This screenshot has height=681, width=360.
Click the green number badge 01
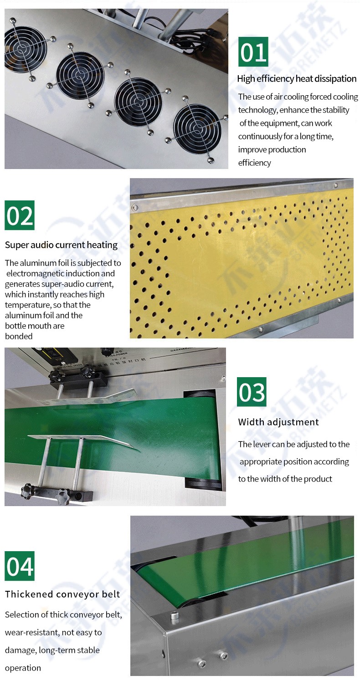253,51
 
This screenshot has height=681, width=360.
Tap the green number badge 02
20,215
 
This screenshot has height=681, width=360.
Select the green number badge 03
252,392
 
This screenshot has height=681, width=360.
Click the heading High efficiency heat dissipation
297,79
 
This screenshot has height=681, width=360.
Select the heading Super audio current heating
61,245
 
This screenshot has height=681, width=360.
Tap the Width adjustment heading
278,422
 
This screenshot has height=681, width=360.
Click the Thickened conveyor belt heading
62,594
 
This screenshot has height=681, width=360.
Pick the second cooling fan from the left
80,76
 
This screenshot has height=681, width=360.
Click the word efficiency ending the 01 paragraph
254,163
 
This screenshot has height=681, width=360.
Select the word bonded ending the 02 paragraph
19,336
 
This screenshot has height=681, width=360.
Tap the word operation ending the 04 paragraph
23,668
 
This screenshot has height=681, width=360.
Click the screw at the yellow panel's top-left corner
135,208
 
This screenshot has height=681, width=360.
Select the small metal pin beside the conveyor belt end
174,616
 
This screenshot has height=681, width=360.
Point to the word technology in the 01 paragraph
258,110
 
